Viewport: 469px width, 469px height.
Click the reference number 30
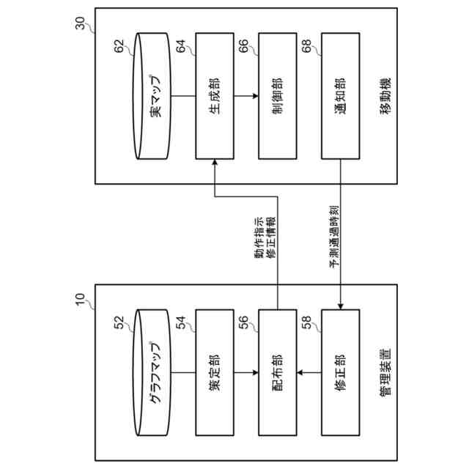(81, 23)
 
